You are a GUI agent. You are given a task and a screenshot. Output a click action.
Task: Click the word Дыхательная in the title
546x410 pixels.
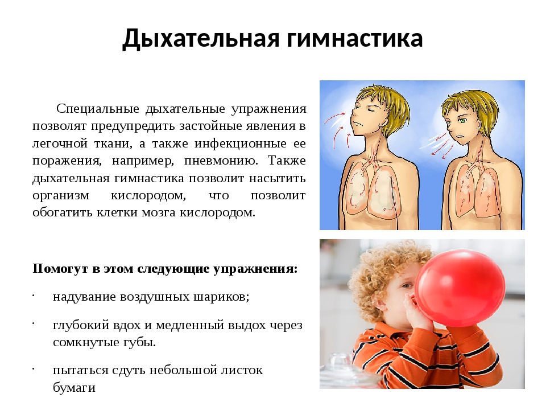[x=201, y=38]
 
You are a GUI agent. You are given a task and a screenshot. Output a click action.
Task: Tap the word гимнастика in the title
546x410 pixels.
[x=355, y=38]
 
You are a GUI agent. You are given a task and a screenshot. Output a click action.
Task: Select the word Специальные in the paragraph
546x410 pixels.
[x=97, y=109]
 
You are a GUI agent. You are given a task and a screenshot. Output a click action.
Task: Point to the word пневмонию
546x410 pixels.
[x=221, y=161]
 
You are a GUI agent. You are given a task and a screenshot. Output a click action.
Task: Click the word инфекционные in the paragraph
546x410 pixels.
[x=241, y=143]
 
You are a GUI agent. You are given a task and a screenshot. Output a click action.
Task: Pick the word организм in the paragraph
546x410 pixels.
[x=61, y=195]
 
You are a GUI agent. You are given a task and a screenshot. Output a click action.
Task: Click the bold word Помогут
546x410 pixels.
[x=60, y=269]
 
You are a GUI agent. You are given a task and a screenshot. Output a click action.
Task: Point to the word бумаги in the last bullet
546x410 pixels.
[x=74, y=387]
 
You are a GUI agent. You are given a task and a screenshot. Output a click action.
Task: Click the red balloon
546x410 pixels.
[x=460, y=288]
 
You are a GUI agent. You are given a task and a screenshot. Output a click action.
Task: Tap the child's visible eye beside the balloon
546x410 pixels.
[x=406, y=286]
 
